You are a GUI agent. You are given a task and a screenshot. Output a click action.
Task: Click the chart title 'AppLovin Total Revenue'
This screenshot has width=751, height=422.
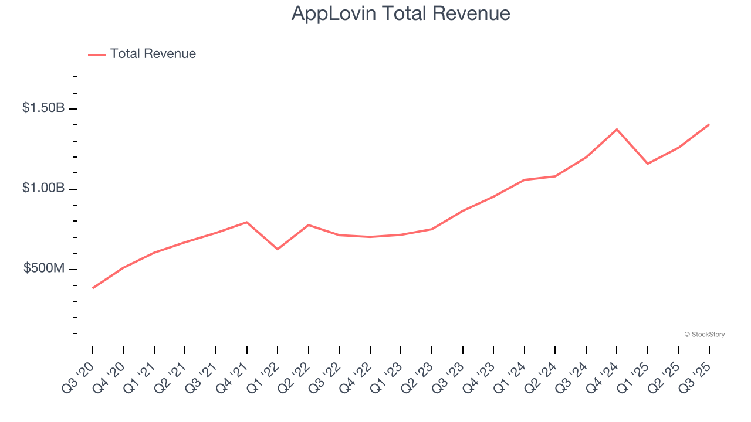click(x=401, y=13)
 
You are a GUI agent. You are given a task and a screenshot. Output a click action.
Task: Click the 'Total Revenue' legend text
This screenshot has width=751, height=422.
click(x=153, y=54)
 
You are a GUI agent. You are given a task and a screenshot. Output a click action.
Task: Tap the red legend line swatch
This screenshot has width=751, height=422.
click(x=97, y=55)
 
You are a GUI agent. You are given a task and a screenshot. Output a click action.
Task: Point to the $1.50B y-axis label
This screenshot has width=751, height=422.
click(x=43, y=108)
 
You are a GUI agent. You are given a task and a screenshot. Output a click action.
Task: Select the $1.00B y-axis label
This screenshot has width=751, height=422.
click(x=43, y=188)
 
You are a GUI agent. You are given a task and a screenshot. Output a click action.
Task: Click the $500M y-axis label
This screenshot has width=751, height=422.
click(x=44, y=268)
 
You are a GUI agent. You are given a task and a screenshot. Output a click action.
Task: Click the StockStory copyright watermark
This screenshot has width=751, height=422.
click(x=704, y=335)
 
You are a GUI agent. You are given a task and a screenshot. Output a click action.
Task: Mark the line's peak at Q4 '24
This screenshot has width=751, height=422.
click(x=617, y=129)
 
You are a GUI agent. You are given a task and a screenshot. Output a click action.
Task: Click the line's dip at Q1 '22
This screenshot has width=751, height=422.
click(x=278, y=249)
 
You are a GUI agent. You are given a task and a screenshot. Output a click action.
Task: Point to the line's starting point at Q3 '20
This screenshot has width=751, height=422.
click(x=93, y=288)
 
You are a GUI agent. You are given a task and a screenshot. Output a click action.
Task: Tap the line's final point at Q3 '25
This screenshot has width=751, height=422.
click(x=709, y=124)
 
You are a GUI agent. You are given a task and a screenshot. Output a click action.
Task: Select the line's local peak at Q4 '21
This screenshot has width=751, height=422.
click(x=246, y=222)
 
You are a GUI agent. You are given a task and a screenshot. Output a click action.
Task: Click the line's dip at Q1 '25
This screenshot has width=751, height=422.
click(x=648, y=164)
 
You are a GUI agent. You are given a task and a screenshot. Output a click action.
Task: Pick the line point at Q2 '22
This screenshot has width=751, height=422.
click(x=308, y=225)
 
